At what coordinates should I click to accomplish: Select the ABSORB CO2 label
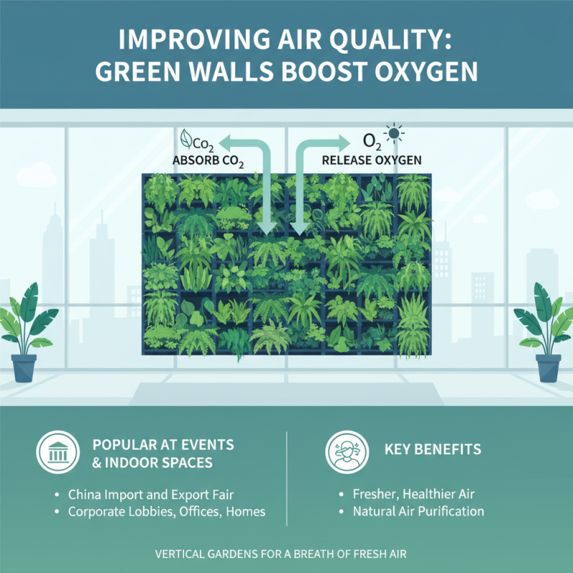(x=208, y=161)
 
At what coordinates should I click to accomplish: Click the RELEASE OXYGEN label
(x=372, y=160)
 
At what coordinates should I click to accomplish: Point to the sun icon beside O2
(x=394, y=135)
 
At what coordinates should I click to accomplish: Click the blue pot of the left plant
(x=24, y=367)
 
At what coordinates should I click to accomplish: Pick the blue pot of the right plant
(x=549, y=367)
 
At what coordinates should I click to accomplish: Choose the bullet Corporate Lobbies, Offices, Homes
(x=166, y=511)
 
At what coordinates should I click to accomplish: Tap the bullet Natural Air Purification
(x=418, y=511)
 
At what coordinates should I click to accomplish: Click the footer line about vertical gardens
(x=286, y=554)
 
